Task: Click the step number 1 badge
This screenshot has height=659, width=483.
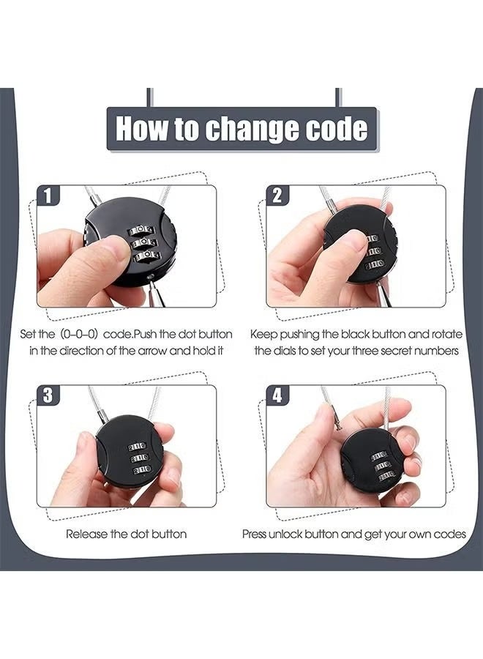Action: point(48,196)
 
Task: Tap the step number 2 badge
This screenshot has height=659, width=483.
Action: point(277,196)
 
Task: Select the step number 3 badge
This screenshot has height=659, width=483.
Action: point(48,395)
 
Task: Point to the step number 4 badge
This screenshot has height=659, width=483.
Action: point(277,395)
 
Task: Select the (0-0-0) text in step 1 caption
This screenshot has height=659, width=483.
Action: point(76,334)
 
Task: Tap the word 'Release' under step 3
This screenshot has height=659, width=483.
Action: point(86,534)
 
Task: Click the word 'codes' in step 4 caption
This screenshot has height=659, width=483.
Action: point(449,534)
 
